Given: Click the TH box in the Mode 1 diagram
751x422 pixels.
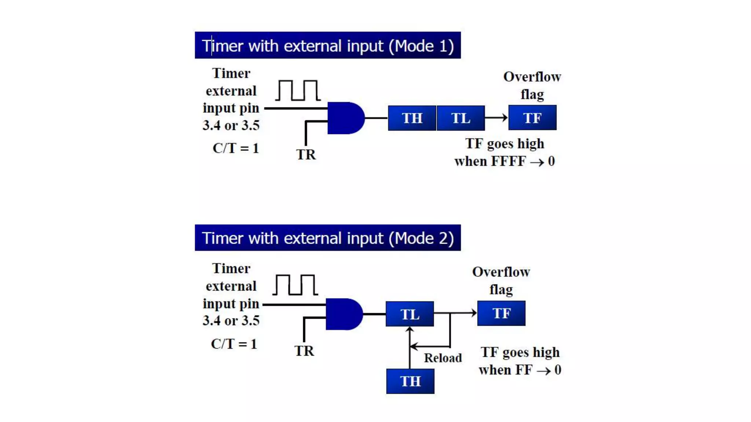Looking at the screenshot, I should [412, 118].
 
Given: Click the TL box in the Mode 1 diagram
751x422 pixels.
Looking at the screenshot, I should [461, 118].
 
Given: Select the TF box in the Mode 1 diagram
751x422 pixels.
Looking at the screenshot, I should [532, 118].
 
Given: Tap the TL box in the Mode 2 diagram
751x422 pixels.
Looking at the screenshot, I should [410, 314].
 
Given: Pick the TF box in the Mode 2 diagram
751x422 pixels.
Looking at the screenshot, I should [501, 313].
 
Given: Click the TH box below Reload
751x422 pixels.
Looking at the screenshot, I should [410, 381].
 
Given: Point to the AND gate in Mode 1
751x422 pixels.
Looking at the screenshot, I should [345, 118].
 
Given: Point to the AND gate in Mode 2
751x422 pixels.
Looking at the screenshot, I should [343, 314].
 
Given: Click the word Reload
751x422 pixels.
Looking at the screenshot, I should [443, 358].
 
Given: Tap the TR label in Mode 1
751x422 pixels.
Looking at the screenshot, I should [306, 155].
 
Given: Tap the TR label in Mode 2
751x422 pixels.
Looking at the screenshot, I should [304, 351].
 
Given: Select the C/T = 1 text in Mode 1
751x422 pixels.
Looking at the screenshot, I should [236, 148].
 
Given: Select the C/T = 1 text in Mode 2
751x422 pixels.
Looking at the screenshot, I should [234, 344].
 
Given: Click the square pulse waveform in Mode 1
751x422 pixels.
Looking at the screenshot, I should [298, 90].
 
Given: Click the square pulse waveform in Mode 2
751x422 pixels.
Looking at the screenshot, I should [295, 285].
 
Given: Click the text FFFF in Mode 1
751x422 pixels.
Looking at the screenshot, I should [509, 161].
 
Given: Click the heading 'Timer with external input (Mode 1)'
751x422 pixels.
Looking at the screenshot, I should [327, 45].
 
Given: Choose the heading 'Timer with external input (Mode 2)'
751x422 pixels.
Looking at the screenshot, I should [327, 238].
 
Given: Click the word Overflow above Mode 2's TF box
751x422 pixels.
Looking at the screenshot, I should [501, 272].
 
